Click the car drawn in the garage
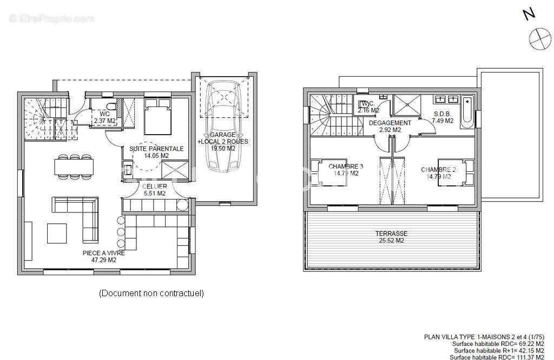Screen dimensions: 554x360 coord(223,126)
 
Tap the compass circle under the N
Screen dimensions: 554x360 coord(540,38)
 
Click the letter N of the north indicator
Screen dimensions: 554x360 coord(529,15)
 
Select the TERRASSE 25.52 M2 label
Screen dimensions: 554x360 coord(391,237)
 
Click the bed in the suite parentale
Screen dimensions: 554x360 coord(157,116)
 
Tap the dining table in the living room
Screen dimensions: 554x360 coord(74,167)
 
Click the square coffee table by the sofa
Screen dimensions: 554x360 coord(57,234)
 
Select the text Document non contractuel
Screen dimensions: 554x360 coord(151,293)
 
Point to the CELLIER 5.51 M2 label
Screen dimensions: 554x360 coord(155,190)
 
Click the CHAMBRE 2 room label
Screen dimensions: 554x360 coord(438,173)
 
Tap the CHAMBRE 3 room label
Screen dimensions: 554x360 coord(346,170)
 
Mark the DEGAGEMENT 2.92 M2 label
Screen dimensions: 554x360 coord(390,126)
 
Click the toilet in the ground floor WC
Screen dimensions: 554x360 coord(111,106)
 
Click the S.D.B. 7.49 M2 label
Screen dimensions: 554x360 coord(443,117)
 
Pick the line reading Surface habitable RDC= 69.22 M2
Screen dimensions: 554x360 coord(498,344)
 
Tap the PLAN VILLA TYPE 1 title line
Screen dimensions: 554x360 coord(484,337)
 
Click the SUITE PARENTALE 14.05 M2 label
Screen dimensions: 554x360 coord(156,152)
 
